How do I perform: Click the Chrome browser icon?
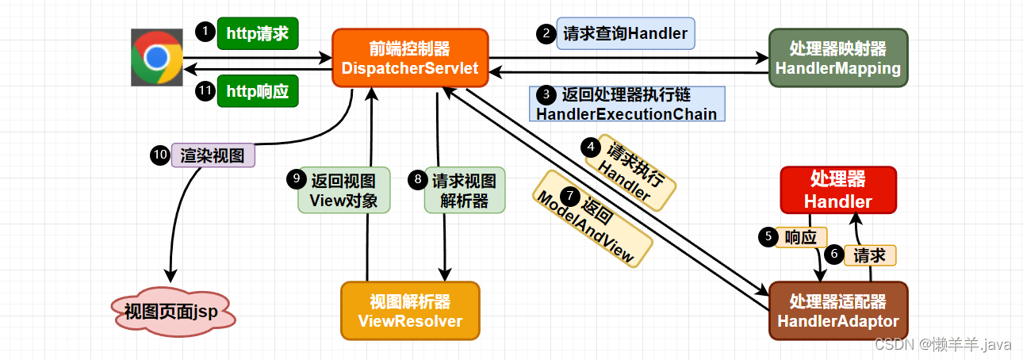point(157,57)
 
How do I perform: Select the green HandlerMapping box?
point(837,57)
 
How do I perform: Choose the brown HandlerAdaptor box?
point(837,311)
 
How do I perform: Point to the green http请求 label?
point(258,33)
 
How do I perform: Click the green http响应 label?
point(258,91)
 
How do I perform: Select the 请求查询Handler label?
point(625,33)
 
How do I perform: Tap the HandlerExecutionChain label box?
point(626,104)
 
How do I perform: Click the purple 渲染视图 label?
point(213,155)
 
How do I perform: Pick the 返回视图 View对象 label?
point(343,190)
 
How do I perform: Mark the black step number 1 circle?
point(205,32)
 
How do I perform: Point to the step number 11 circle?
point(205,90)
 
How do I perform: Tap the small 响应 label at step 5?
point(801,236)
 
